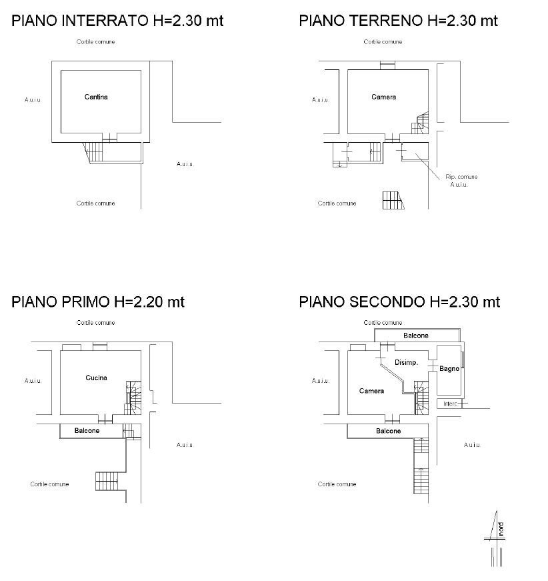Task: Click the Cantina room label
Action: click(96, 97)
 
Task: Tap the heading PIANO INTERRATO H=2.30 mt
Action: click(117, 21)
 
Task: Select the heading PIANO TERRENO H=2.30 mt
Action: click(398, 21)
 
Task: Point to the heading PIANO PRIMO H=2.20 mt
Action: click(98, 302)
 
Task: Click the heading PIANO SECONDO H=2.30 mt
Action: click(399, 302)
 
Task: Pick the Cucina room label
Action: click(96, 378)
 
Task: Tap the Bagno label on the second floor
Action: click(449, 369)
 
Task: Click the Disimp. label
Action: click(406, 363)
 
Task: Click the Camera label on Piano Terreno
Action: click(383, 97)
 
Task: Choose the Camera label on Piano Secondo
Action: click(371, 391)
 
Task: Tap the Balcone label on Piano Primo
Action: click(87, 431)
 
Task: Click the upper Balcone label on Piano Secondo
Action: click(415, 336)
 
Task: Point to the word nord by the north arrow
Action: click(501, 528)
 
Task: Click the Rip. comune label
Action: click(461, 177)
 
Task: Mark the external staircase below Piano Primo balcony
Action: click(107, 480)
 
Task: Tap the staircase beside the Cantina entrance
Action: click(95, 152)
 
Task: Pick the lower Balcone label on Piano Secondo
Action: click(388, 431)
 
